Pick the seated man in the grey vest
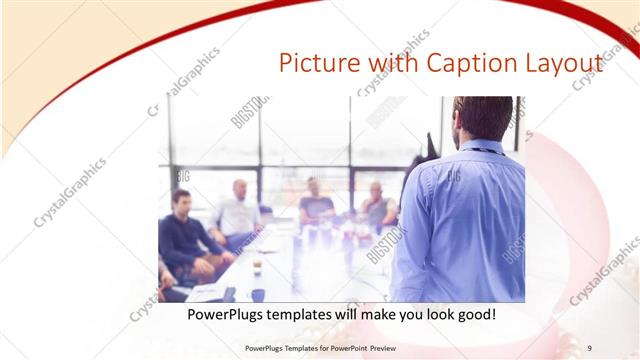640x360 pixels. click(x=377, y=207)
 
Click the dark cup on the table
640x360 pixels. click(x=258, y=294)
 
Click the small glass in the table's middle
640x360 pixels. click(x=257, y=266)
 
